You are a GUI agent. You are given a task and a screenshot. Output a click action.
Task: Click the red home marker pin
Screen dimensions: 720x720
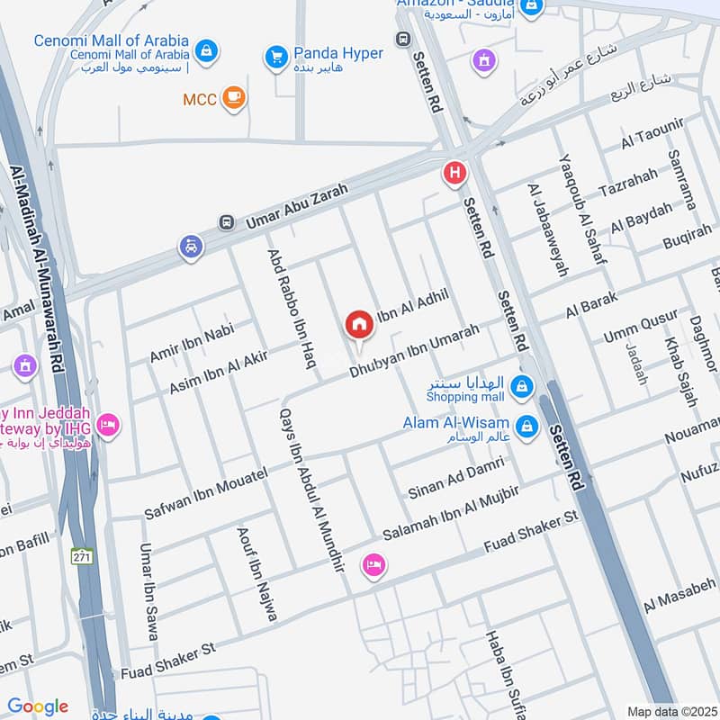(359, 324)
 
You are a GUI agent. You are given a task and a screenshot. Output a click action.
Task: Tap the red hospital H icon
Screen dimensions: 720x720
(454, 173)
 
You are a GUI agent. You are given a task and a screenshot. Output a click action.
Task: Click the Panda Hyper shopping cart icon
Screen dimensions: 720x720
(276, 58)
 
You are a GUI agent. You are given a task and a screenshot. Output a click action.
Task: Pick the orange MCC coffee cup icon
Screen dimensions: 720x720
(234, 98)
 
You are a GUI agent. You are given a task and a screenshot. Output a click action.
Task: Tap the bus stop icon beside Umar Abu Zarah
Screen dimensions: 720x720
(226, 221)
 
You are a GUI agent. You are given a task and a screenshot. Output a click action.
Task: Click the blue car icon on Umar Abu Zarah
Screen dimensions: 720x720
(191, 246)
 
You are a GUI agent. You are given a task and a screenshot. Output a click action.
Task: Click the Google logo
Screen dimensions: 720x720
(38, 706)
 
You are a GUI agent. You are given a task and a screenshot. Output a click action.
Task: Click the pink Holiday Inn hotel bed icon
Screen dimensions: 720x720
(108, 424)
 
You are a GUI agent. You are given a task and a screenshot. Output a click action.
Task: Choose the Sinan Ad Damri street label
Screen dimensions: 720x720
(454, 478)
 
